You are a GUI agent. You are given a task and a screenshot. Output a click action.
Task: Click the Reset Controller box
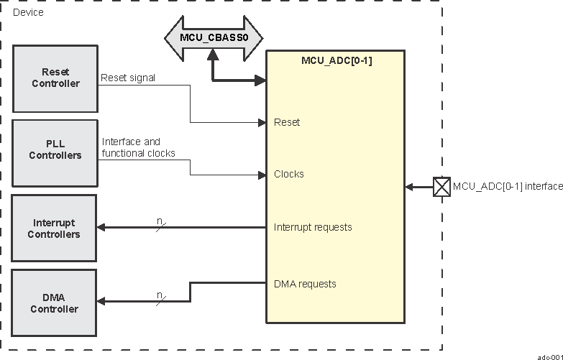[x=55, y=78]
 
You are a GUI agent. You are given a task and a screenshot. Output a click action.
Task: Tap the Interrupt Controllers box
[x=55, y=229]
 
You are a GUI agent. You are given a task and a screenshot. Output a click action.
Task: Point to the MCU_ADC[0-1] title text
[x=336, y=60]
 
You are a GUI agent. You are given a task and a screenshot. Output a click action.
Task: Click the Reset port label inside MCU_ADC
[x=287, y=122]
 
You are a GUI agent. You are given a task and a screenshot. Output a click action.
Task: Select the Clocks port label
[x=289, y=174]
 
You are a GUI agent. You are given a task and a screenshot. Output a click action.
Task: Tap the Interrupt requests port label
[x=313, y=227]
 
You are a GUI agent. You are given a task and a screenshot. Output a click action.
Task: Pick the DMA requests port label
[x=305, y=284]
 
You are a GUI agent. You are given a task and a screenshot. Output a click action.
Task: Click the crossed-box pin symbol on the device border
[x=441, y=187]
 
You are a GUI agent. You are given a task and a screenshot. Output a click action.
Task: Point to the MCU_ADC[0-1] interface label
[x=507, y=187]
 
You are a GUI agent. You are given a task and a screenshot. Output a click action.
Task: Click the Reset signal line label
[x=128, y=78]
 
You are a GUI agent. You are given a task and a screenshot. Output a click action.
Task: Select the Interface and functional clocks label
[x=138, y=147]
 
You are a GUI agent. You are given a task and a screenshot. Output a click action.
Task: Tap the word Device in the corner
[x=28, y=12]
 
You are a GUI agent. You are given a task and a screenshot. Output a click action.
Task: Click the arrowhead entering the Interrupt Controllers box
[x=102, y=228]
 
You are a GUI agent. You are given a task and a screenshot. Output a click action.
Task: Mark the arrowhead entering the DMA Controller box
[x=102, y=302]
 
